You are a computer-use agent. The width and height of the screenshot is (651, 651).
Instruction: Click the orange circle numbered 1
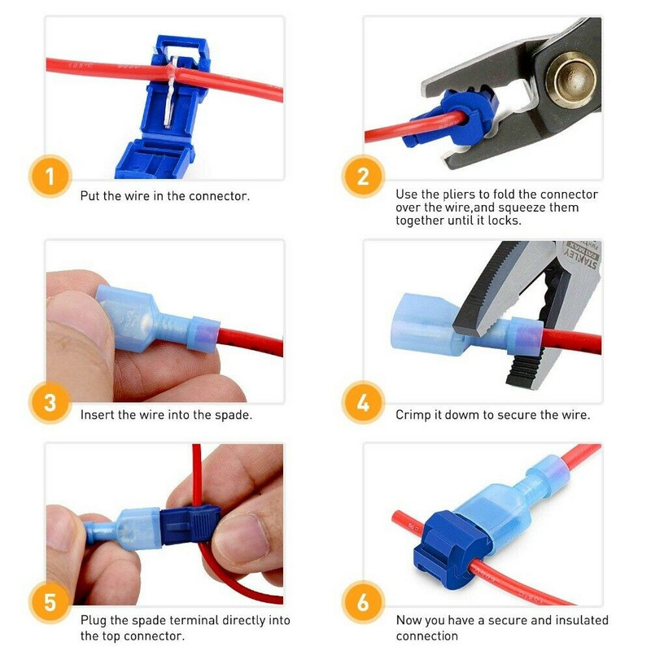pyautogui.click(x=50, y=177)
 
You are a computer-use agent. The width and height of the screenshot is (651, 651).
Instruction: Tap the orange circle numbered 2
pyautogui.click(x=363, y=177)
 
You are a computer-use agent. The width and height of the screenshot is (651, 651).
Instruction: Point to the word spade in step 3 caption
pyautogui.click(x=229, y=415)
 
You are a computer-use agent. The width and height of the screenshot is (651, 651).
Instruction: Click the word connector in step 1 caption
pyautogui.click(x=221, y=196)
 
